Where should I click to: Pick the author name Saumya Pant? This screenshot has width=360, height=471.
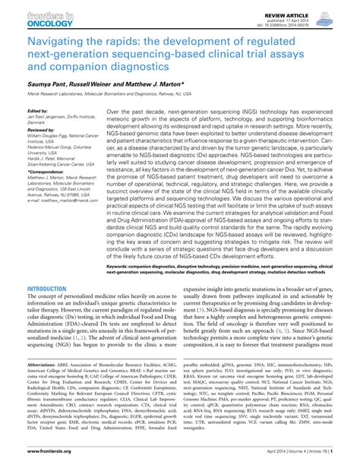(x=49, y=84)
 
